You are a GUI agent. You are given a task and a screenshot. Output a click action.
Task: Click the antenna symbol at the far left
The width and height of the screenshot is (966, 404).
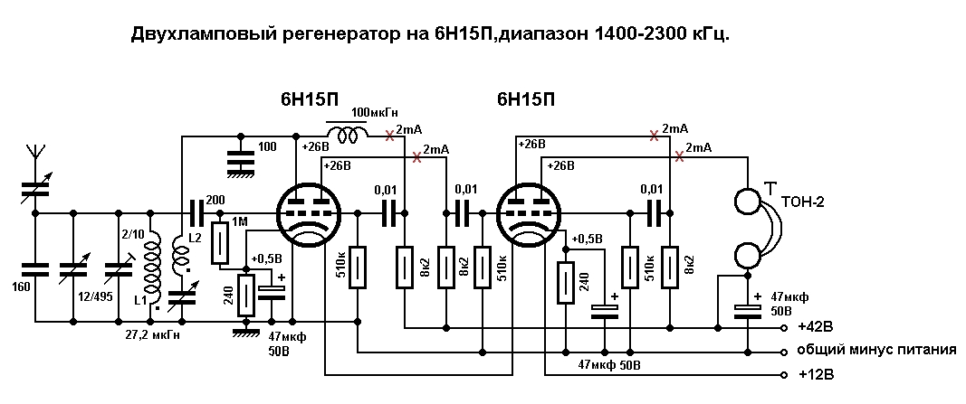tap(34, 155)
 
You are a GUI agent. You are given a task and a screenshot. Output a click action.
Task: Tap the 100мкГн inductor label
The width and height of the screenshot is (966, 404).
tap(375, 113)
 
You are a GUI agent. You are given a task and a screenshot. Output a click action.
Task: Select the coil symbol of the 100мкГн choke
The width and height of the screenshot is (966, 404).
tap(348, 135)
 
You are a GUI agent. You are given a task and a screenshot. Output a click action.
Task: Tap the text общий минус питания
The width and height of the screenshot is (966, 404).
tap(876, 351)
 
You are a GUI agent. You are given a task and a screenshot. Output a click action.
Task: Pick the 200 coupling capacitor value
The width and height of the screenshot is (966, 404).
tap(216, 201)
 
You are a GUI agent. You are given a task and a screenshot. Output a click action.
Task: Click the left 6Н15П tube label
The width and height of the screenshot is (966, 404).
tap(310, 100)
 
